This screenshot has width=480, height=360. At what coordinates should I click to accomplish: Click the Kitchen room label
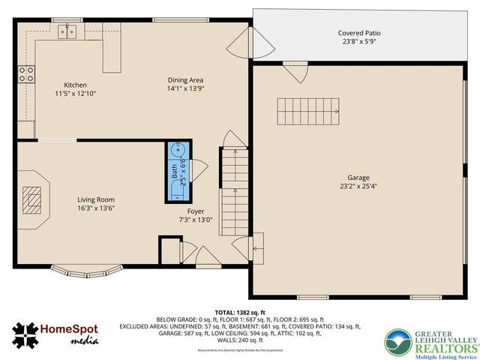(x=75, y=85)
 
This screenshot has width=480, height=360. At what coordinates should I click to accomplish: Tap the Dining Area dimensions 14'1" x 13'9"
(x=186, y=88)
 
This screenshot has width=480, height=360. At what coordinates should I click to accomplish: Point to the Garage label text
(x=357, y=178)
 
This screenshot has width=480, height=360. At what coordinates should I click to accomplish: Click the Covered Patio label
(x=358, y=33)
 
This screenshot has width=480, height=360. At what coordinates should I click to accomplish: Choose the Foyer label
(x=196, y=211)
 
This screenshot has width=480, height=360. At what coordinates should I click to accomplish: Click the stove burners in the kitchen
(x=26, y=73)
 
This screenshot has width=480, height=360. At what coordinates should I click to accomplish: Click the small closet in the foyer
(x=170, y=250)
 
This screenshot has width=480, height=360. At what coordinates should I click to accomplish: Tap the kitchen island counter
(x=112, y=55)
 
